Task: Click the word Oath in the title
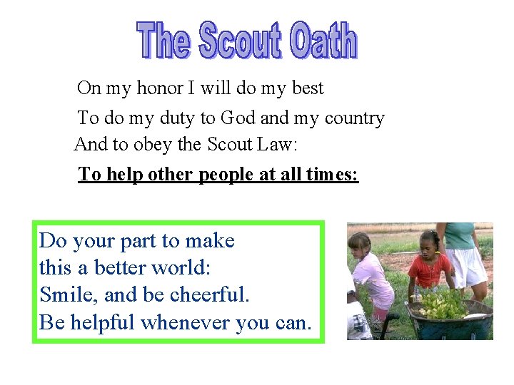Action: (x=323, y=41)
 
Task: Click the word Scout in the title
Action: (x=239, y=41)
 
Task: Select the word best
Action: (x=308, y=88)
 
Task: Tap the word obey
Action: (x=151, y=145)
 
